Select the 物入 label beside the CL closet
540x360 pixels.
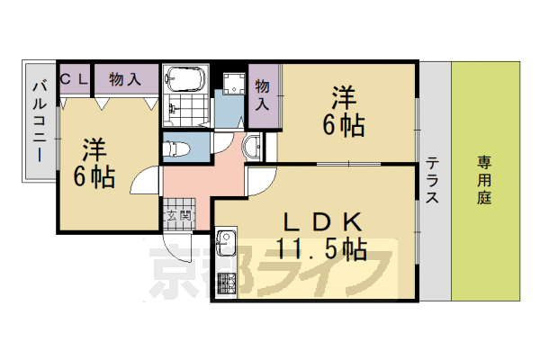(124, 79)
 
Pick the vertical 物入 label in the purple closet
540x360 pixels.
(263, 94)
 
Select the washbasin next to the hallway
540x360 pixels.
(251, 144)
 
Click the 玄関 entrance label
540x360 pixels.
(178, 216)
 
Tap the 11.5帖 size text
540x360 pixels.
(321, 248)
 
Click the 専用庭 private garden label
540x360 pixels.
(484, 181)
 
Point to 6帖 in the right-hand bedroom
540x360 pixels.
(346, 126)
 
